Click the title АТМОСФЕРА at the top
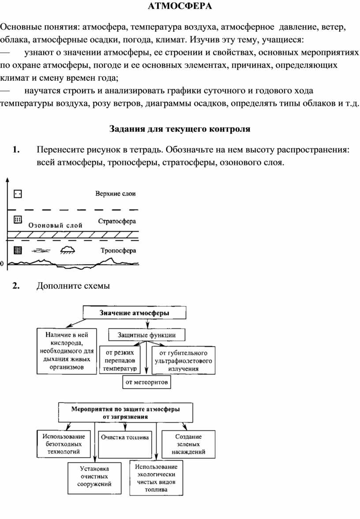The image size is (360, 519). (180, 6)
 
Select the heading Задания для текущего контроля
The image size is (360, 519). (180, 129)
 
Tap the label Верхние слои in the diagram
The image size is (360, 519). (115, 194)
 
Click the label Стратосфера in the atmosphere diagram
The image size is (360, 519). (117, 221)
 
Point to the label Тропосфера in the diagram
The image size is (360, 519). (118, 250)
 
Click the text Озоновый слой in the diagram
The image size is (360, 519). (55, 225)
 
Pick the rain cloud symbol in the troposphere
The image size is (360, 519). (67, 250)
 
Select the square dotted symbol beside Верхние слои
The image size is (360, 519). (18, 194)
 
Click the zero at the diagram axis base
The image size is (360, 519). (2, 264)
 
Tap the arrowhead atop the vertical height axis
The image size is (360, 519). (7, 180)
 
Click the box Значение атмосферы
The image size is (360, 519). (135, 313)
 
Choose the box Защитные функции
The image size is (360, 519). (147, 335)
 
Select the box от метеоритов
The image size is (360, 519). (147, 382)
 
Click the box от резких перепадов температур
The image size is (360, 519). (120, 360)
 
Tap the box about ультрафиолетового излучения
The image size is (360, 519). (183, 360)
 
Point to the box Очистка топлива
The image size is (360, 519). (125, 444)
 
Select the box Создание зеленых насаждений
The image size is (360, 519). (188, 444)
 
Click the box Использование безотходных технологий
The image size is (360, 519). (64, 444)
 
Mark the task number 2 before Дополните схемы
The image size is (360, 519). (16, 286)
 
